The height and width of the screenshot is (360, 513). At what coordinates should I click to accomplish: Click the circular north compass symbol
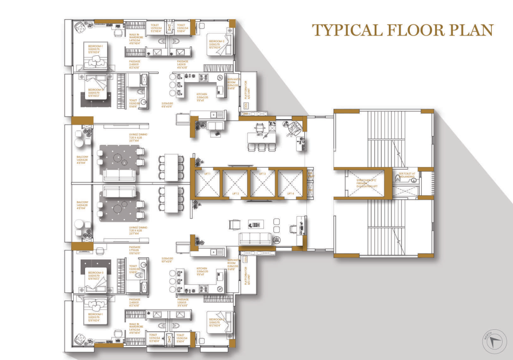492,339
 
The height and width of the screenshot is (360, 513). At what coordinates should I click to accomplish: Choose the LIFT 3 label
263,174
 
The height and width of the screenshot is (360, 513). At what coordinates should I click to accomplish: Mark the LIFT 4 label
290,193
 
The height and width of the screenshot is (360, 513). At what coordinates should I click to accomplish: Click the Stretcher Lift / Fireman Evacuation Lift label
364,182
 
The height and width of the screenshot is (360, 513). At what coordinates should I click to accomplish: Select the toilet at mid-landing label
406,175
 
